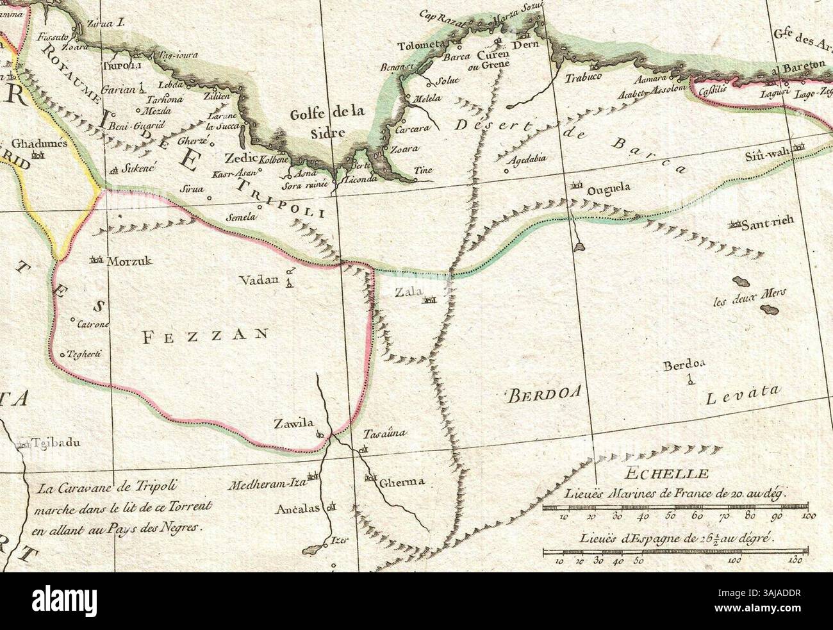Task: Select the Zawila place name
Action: (293, 423)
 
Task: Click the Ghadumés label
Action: (39, 144)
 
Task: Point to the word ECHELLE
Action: (666, 474)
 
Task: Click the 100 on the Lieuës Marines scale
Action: (808, 515)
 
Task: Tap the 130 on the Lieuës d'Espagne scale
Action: (796, 560)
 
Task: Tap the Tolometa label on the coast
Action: (420, 46)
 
